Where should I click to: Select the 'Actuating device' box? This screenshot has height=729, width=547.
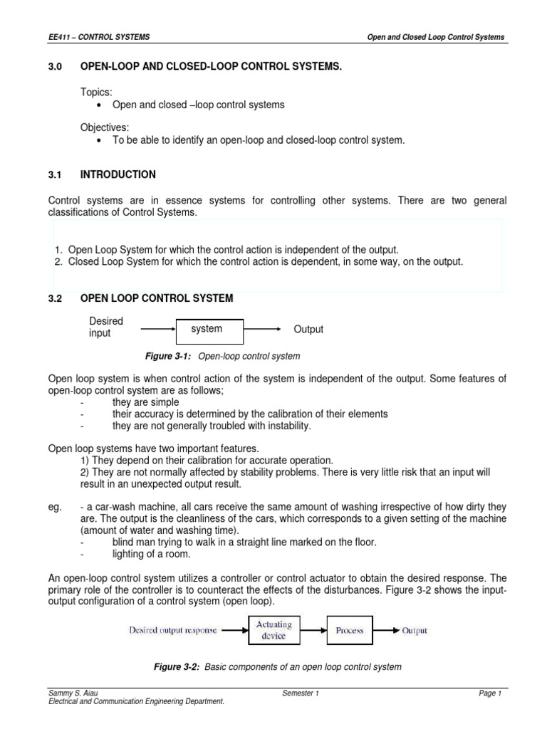click(273, 631)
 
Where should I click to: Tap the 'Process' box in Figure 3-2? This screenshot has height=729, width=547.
click(349, 631)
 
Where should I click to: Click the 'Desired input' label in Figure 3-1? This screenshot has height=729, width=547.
click(105, 327)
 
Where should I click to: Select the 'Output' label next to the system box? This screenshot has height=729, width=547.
click(308, 330)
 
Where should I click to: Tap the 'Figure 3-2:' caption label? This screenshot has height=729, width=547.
click(178, 667)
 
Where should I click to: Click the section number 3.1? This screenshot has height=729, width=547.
click(56, 174)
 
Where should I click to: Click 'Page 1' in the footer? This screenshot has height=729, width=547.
click(490, 693)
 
